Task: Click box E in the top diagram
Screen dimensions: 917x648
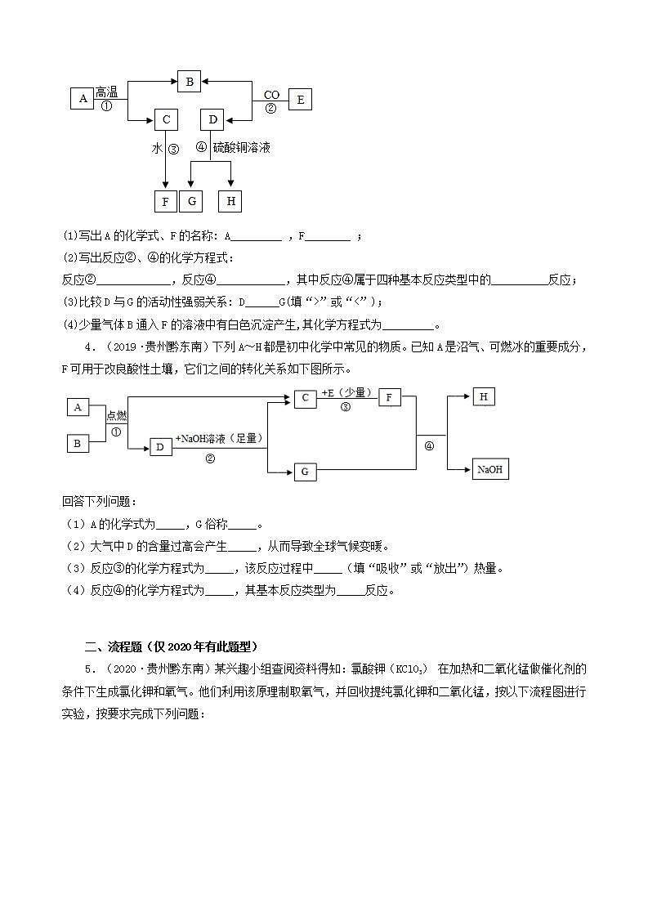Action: tap(300, 100)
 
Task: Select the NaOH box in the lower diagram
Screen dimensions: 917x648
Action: tap(489, 469)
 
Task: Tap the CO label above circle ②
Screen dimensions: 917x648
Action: tap(271, 96)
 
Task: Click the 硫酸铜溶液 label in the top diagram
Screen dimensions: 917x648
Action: tap(241, 148)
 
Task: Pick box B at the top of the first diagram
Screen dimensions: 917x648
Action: tap(189, 81)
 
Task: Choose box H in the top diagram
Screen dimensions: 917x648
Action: tap(230, 201)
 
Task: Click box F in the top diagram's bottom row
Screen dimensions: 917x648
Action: tap(165, 201)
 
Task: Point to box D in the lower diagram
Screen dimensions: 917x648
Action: tap(160, 446)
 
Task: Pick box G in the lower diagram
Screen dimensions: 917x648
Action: tap(305, 472)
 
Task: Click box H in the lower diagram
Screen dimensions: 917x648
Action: tap(484, 396)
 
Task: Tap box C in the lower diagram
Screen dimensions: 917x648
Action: tap(305, 398)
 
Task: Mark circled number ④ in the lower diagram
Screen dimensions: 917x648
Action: tap(429, 446)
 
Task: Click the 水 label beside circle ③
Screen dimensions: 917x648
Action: tap(157, 149)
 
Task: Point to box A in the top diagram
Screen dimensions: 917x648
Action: tap(83, 100)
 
